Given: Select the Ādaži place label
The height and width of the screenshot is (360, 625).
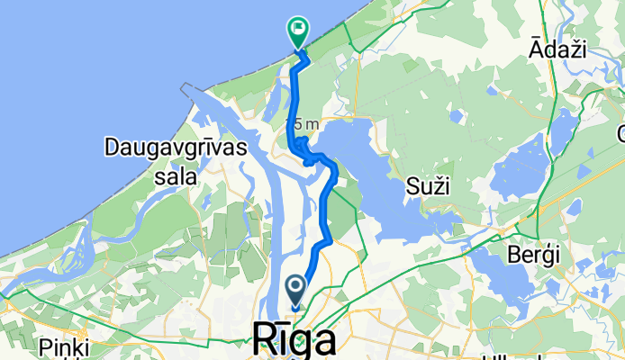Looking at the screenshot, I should coord(560,50).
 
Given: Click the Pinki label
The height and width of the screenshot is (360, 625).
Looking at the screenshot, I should coord(64,347).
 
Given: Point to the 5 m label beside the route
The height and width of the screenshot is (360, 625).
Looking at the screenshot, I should coord(303,124).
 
